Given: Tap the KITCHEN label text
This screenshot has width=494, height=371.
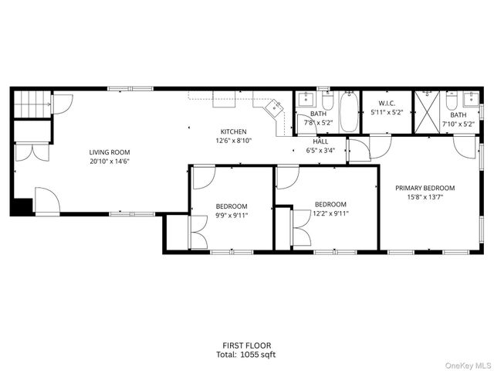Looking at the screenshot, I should [233, 131].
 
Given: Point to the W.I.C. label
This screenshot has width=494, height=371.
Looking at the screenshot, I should [387, 104].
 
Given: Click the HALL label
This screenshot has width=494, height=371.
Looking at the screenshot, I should [320, 141].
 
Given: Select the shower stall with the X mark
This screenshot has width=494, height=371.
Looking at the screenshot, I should [425, 113].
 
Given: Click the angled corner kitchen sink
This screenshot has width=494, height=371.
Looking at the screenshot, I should [274, 109].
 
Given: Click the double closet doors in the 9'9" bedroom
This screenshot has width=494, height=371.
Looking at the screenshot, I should [198, 233].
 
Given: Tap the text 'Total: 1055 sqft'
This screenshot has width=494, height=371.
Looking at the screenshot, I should [245, 355].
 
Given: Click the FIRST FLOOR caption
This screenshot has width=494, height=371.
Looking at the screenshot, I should [245, 345].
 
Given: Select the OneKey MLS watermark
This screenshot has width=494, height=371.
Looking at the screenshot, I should [467, 365].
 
